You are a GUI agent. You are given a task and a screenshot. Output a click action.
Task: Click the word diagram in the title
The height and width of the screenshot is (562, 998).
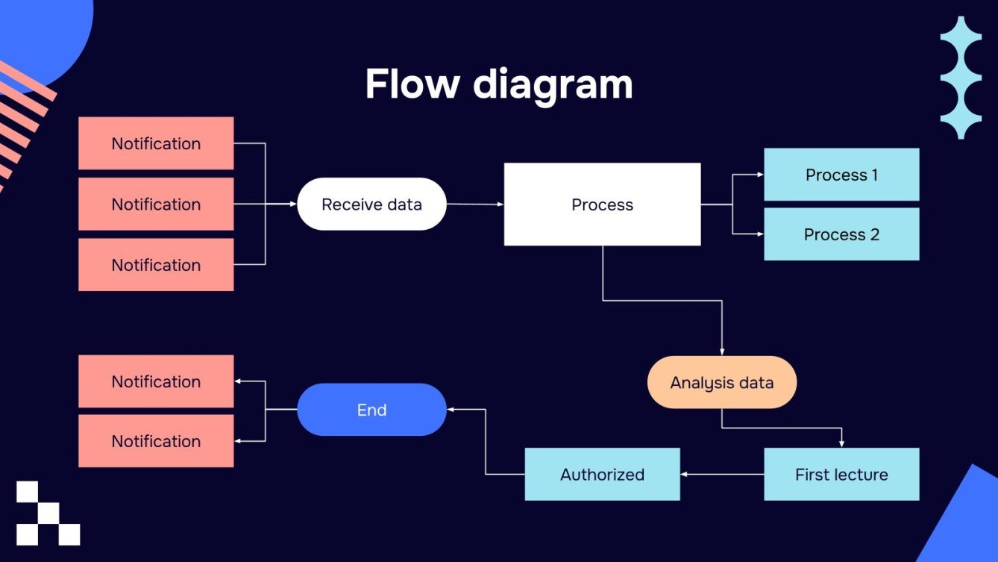(x=553, y=84)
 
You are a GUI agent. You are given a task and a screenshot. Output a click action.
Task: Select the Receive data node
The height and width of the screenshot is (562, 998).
(x=371, y=204)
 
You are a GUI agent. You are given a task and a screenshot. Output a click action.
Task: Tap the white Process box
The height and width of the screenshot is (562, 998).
(x=602, y=204)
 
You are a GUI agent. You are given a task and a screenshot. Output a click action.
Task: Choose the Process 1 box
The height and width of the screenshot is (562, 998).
(x=841, y=175)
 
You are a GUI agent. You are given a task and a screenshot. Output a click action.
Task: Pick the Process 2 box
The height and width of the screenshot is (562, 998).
(x=841, y=234)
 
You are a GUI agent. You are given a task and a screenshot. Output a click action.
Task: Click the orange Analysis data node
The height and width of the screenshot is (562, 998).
(x=721, y=382)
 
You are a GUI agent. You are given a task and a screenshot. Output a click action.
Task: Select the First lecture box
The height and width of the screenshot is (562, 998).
(x=841, y=474)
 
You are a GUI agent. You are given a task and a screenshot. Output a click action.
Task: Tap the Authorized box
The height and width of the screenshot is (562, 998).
(x=602, y=474)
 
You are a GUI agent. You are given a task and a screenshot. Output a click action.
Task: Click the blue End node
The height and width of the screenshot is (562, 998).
(x=371, y=410)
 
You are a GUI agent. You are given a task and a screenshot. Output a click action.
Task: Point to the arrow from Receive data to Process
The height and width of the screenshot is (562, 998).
(x=475, y=204)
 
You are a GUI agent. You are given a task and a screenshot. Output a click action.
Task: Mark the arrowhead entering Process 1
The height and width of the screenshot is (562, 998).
(x=759, y=175)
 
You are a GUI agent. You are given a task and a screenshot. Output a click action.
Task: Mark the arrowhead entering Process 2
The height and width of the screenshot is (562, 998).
(x=759, y=234)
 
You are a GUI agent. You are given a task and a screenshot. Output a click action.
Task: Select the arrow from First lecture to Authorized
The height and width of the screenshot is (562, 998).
(x=721, y=474)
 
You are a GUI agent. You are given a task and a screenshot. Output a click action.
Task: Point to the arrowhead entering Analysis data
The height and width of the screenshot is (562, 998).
(x=722, y=352)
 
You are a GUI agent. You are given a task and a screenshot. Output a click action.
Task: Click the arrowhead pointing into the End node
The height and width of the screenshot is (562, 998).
(x=451, y=410)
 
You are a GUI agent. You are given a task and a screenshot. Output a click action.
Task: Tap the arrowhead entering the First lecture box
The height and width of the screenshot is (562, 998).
(x=841, y=443)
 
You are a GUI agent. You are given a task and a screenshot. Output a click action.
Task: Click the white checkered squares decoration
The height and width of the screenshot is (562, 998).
(x=48, y=513)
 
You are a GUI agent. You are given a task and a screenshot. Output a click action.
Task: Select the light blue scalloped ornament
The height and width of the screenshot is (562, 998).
(x=960, y=78)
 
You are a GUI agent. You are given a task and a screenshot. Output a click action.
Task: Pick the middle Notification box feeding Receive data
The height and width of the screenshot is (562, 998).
(x=156, y=204)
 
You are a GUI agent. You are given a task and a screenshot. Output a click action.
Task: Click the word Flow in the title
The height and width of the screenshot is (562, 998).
(x=412, y=84)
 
